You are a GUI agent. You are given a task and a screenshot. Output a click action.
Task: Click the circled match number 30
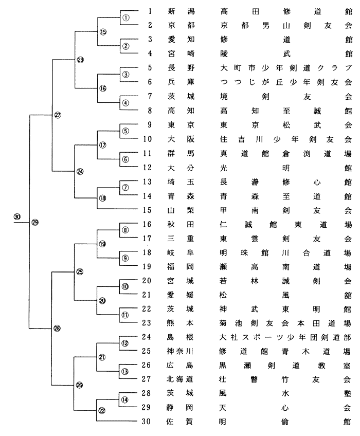click(x=17, y=216)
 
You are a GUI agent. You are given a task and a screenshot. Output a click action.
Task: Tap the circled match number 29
click(x=35, y=222)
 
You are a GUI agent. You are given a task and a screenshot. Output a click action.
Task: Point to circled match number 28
click(x=57, y=330)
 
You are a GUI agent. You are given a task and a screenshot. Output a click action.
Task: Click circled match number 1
click(x=125, y=17)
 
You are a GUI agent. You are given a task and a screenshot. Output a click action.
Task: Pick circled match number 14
click(x=125, y=399)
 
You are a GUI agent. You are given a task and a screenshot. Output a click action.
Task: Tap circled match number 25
click(x=79, y=272)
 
